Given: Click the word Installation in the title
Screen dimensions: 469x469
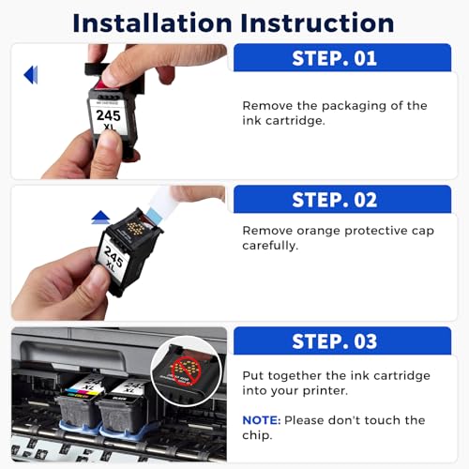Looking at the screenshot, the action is (x=152, y=23).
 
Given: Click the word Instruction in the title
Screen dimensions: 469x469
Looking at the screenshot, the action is (x=317, y=23).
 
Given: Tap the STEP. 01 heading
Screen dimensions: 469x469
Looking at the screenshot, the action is (x=334, y=58).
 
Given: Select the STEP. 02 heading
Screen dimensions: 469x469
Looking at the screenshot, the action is (x=334, y=200).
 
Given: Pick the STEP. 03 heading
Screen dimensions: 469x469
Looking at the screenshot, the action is (x=334, y=341).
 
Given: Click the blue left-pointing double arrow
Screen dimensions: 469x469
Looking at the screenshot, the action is (x=31, y=75).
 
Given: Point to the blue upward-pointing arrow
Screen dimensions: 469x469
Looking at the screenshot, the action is (x=100, y=218).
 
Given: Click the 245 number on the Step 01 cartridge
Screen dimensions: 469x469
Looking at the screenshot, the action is (x=108, y=115).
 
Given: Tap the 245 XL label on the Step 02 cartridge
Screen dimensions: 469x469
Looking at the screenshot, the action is (x=113, y=259).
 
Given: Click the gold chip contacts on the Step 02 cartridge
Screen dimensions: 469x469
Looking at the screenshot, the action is (x=135, y=229).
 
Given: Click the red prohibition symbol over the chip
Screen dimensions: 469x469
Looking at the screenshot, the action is (x=186, y=371).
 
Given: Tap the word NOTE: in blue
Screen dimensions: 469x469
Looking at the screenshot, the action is (x=262, y=420).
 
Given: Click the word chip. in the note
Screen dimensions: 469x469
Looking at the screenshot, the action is (x=257, y=435).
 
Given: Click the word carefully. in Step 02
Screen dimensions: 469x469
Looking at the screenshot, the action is (x=270, y=246).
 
